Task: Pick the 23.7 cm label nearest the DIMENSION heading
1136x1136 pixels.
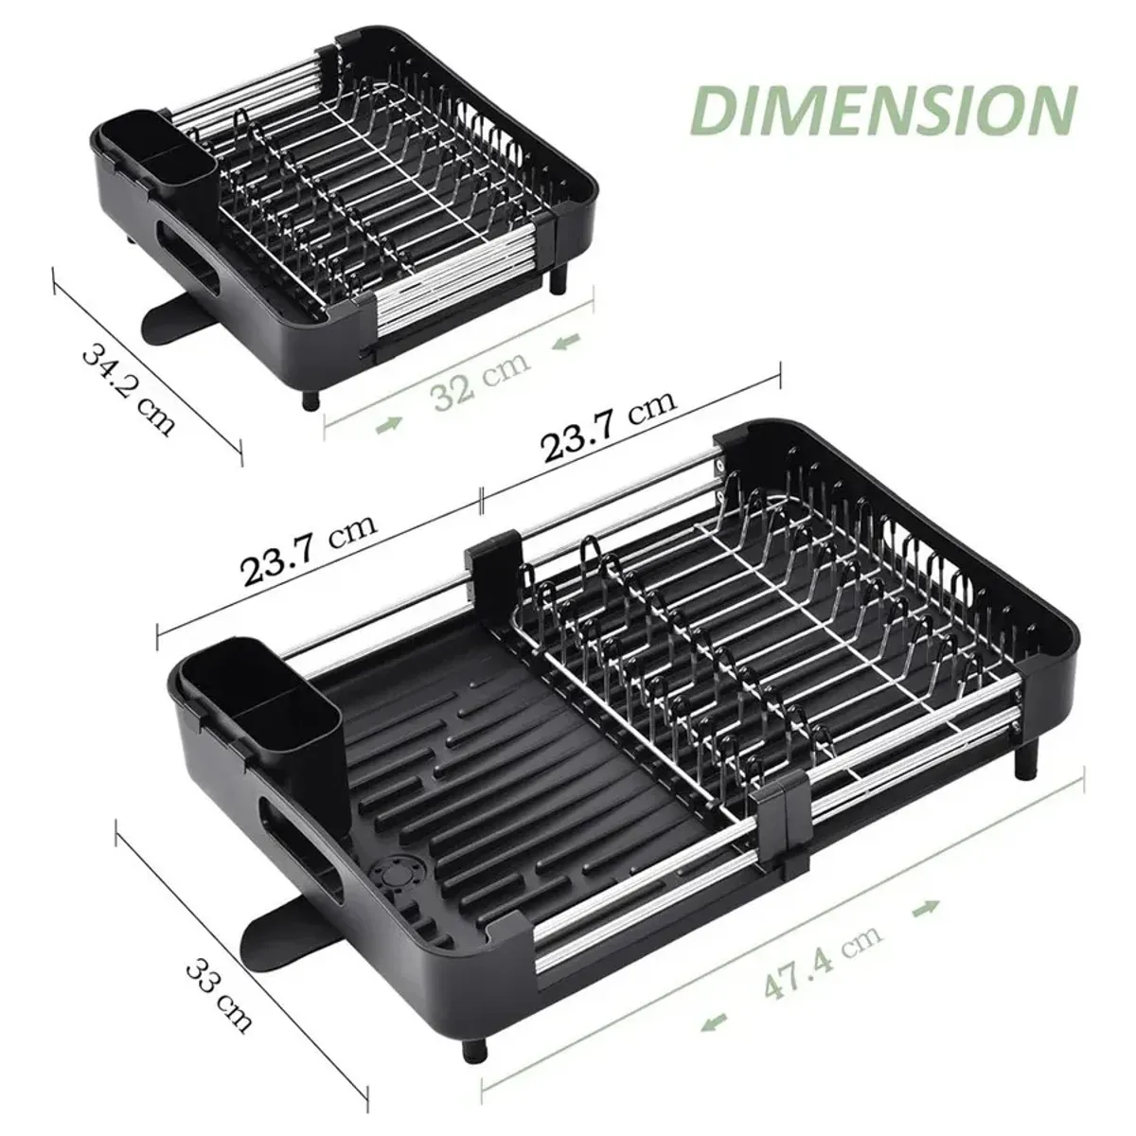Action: (x=608, y=431)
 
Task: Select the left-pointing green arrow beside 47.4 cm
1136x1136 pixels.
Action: (x=712, y=1021)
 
